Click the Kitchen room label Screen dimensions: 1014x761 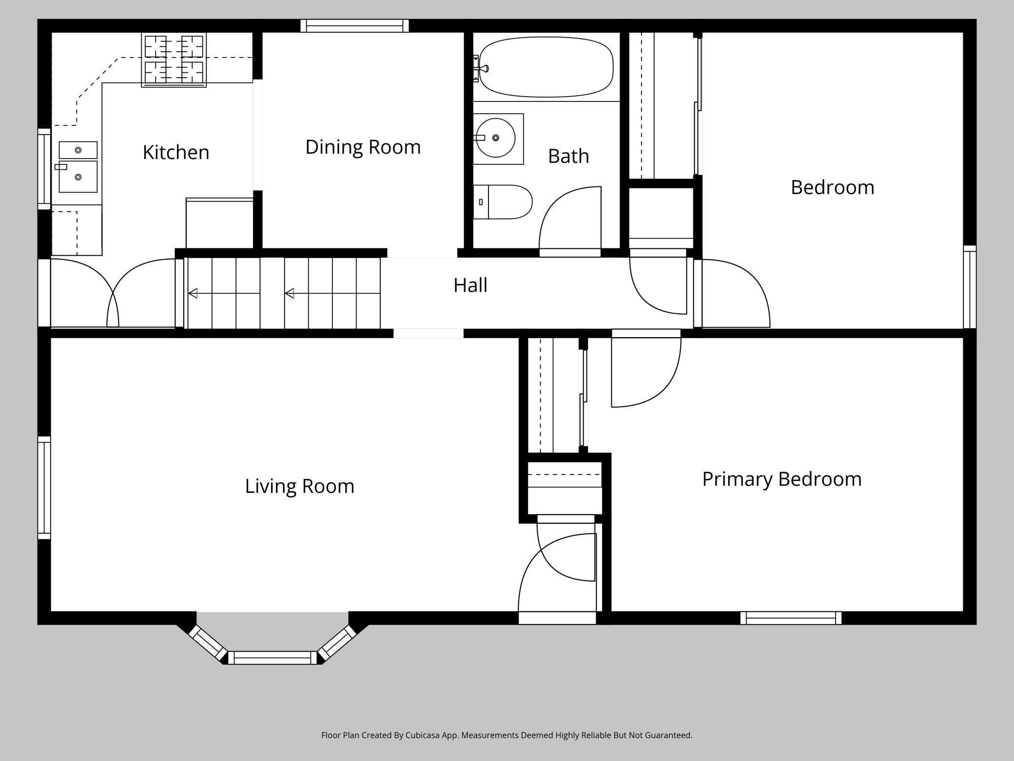point(176,152)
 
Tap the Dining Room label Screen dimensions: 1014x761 point(363,147)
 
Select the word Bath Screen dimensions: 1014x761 point(568,156)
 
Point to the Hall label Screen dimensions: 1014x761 point(470,285)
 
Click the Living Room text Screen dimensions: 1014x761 point(299,486)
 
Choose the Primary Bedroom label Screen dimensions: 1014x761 point(782,479)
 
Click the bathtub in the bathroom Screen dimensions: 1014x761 point(546,67)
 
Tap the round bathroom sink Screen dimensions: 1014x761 point(496,138)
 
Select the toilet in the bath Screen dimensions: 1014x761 point(502,202)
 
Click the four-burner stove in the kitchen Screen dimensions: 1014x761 point(174,60)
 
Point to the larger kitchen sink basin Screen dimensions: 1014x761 point(78,177)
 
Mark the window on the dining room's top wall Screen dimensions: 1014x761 point(354,26)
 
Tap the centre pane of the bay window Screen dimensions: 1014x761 point(273,658)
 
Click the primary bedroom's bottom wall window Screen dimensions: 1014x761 point(791,618)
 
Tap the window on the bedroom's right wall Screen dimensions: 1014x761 point(970,287)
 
